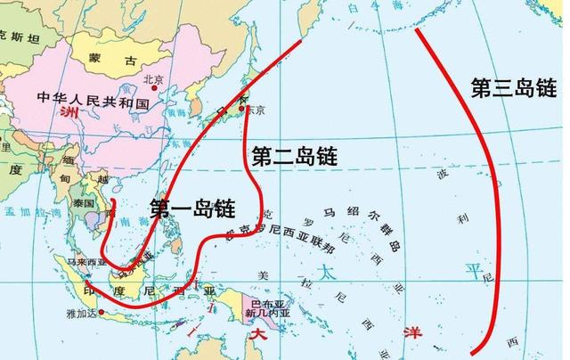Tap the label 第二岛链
294,156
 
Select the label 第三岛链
513,86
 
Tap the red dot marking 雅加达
104,311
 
